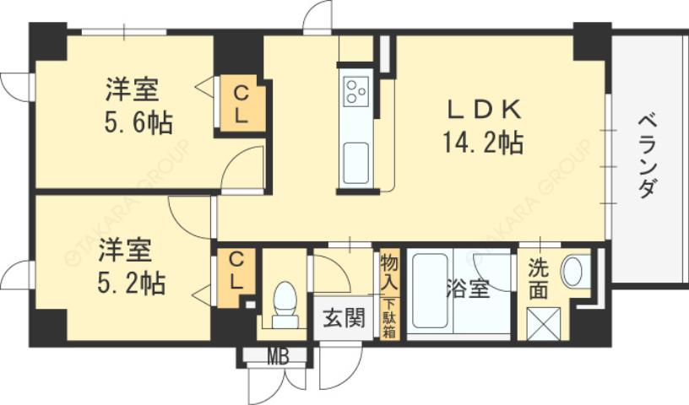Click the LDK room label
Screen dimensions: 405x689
click(x=486, y=109)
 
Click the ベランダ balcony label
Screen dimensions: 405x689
click(x=646, y=155)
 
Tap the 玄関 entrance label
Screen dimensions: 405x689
click(x=344, y=318)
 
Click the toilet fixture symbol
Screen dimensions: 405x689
click(x=285, y=303)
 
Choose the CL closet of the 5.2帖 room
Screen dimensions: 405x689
click(x=236, y=271)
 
